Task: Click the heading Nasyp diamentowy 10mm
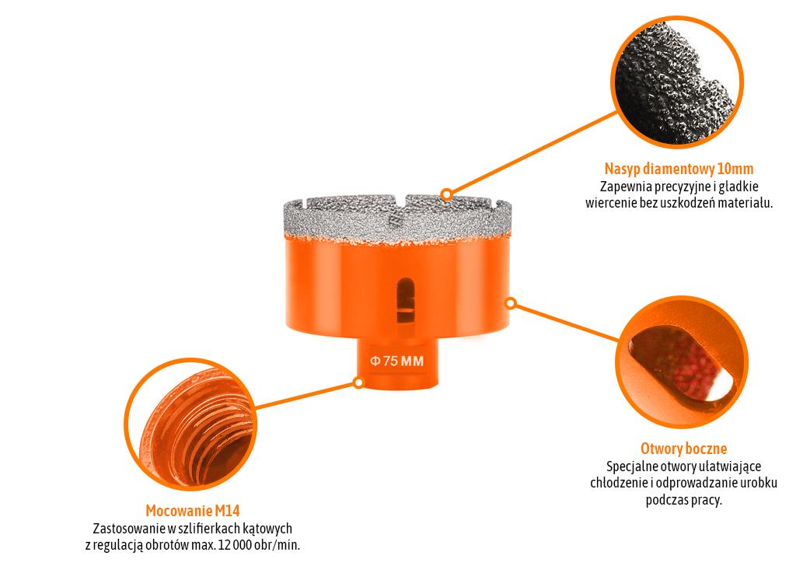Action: click(679, 169)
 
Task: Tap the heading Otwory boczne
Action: click(683, 449)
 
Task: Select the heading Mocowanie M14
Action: click(193, 511)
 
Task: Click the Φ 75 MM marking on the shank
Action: click(396, 361)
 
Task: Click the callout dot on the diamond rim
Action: click(446, 194)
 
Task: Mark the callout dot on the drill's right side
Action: click(510, 302)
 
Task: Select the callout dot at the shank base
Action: click(358, 383)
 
